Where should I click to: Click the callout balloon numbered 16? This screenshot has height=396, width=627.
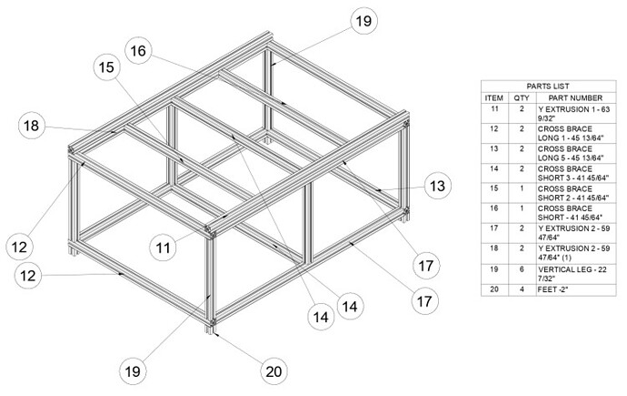pyautogui.click(x=138, y=51)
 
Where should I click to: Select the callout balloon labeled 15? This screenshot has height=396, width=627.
pyautogui.click(x=106, y=66)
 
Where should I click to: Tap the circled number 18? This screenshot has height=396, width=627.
pyautogui.click(x=32, y=126)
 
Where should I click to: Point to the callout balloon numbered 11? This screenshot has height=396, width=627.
pyautogui.click(x=163, y=248)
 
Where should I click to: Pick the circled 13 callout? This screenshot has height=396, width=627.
pyautogui.click(x=437, y=186)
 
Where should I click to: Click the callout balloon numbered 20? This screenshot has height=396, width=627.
pyautogui.click(x=274, y=371)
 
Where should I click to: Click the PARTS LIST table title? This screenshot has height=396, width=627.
pyautogui.click(x=548, y=86)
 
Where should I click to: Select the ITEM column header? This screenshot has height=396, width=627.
pyautogui.click(x=494, y=97)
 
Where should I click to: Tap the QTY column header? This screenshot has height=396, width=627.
pyautogui.click(x=522, y=97)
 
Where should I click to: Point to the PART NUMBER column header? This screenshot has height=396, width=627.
pyautogui.click(x=575, y=97)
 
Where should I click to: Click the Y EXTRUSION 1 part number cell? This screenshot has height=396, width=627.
pyautogui.click(x=575, y=114)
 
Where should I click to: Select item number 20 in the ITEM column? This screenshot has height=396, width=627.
pyautogui.click(x=494, y=289)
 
